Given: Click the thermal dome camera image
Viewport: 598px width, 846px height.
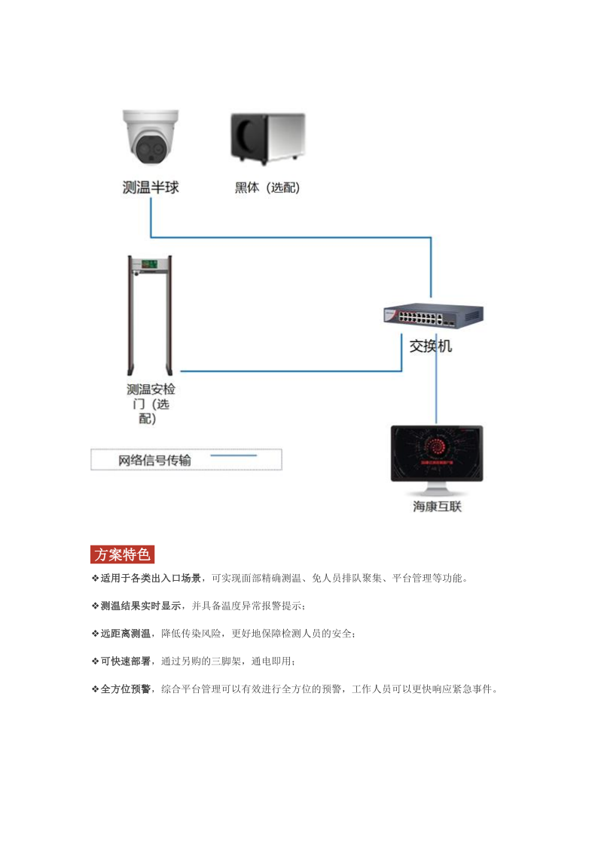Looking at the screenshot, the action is (151, 137).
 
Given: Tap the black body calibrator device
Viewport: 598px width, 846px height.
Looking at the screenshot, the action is (267, 138).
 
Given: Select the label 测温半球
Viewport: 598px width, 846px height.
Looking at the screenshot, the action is (151, 188).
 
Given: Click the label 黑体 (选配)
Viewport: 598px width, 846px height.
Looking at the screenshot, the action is (267, 188).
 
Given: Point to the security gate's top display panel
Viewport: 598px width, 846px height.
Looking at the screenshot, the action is (150, 265).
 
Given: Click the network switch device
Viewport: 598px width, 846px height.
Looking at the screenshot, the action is (433, 316).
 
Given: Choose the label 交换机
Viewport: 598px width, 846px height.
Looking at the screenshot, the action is (430, 347).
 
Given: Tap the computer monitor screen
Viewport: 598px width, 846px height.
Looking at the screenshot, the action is (437, 453).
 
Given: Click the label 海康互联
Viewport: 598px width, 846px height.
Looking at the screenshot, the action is (438, 507).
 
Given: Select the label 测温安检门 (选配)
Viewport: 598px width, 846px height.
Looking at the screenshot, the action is (151, 404).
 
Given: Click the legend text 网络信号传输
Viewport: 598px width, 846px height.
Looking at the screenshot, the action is (154, 460).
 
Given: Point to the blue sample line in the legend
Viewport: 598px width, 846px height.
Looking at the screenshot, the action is (233, 456).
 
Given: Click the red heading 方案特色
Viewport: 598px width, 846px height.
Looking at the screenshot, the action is (123, 554).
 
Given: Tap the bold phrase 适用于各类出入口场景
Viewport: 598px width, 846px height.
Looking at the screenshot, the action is (151, 579).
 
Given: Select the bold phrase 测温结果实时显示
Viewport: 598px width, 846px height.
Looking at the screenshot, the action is (141, 606).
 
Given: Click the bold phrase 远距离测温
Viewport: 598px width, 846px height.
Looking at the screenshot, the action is (126, 634).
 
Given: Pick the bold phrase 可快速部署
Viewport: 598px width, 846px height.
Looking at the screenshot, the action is (126, 661).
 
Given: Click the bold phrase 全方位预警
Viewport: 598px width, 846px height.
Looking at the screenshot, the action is (126, 689).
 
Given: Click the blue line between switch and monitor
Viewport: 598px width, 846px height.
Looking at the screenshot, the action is (436, 379).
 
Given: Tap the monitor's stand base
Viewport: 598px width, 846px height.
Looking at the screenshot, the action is (437, 492).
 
